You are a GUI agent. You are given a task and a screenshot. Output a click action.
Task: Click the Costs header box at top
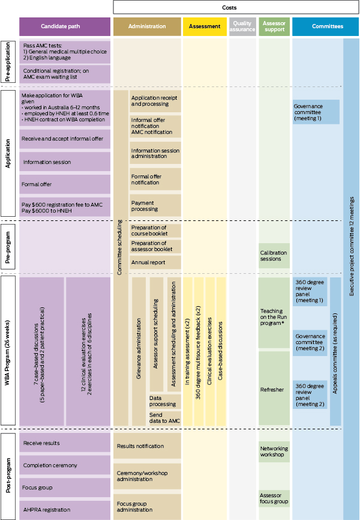pos(236,7)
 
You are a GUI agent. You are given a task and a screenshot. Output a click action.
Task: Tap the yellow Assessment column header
pos(204,26)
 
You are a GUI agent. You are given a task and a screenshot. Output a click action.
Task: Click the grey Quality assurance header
pos(242,26)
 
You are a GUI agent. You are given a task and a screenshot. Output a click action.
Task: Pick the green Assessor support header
pos(274,26)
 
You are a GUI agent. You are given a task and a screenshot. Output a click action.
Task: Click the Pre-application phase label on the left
pos(9,62)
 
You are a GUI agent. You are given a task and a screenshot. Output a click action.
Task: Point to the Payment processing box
pos(155,205)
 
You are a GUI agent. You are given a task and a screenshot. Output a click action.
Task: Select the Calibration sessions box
pos(274,256)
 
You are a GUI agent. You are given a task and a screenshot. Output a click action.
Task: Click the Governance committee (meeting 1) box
pos(316,111)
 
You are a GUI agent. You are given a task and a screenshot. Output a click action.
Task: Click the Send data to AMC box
pos(164,419)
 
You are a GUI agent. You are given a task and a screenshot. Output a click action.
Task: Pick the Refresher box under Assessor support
pos(274,389)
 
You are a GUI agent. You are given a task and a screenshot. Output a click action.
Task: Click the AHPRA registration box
pos(65,509)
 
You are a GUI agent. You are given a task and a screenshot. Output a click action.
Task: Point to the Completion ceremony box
pos(65,465)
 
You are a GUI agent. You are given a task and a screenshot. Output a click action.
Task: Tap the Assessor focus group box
pos(274,498)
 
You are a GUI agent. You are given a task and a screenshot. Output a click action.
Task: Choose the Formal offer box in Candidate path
pos(65,184)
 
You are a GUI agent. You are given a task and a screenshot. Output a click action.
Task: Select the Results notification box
pos(147,446)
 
